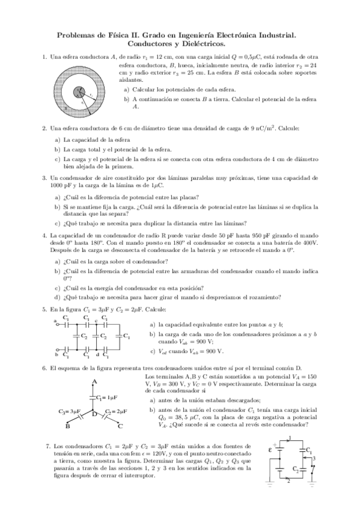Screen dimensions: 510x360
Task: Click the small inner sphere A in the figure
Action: (x=79, y=91)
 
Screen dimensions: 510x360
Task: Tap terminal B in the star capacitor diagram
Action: (x=67, y=426)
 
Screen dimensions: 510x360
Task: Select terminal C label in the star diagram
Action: (x=120, y=426)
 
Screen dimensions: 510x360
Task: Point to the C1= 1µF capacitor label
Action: (x=106, y=398)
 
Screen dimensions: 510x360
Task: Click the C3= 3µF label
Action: (x=70, y=411)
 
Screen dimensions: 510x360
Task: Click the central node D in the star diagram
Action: (x=94, y=414)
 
